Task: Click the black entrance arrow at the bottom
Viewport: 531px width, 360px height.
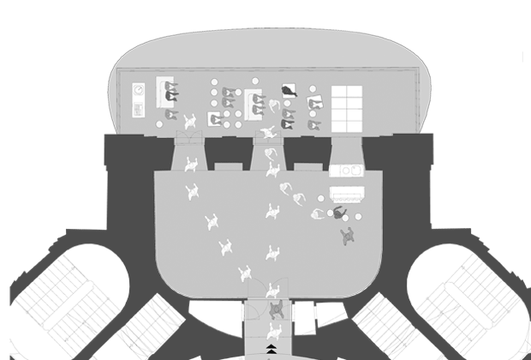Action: click(272, 347)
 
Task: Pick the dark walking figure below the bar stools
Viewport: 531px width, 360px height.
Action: click(347, 236)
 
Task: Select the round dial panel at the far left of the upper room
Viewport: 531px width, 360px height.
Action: click(138, 89)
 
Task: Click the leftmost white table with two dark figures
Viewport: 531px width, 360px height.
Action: click(167, 92)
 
